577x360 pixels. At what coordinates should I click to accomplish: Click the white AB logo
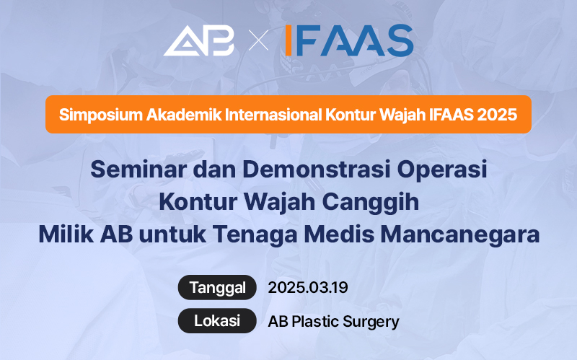(199, 40)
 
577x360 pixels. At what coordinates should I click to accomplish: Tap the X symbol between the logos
(258, 41)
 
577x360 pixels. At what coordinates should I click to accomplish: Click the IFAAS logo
(348, 40)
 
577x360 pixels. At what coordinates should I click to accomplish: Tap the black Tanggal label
(217, 287)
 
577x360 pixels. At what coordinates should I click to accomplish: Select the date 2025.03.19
(308, 287)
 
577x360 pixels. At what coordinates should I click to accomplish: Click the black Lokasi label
(217, 321)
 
